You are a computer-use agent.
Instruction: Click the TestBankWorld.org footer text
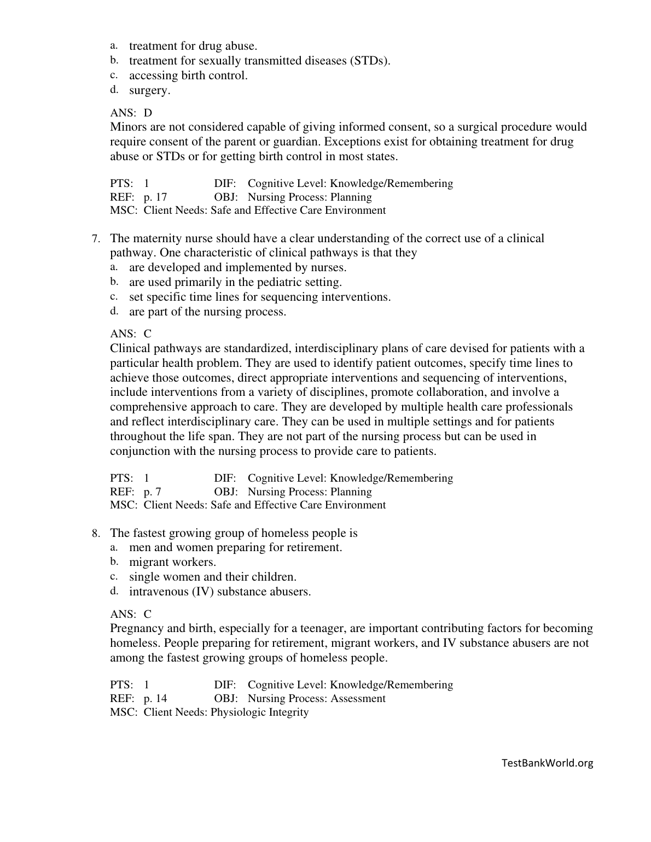pyautogui.click(x=547, y=763)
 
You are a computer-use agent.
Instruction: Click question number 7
pyautogui.click(x=95, y=239)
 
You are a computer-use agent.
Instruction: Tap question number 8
pyautogui.click(x=95, y=533)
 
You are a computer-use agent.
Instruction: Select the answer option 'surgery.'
pyautogui.click(x=149, y=90)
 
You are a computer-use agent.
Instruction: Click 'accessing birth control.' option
pyautogui.click(x=188, y=75)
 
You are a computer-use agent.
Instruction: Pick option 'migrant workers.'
pyautogui.click(x=172, y=562)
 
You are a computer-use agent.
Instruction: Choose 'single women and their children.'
pyautogui.click(x=212, y=577)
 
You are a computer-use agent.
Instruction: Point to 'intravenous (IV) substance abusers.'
pyautogui.click(x=220, y=592)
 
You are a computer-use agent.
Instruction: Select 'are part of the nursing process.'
pyautogui.click(x=207, y=312)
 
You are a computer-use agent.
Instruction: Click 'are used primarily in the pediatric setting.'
pyautogui.click(x=235, y=282)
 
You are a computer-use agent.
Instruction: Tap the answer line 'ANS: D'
pyautogui.click(x=131, y=113)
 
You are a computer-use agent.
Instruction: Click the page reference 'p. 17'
pyautogui.click(x=155, y=197)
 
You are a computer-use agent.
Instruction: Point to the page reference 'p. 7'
pyautogui.click(x=153, y=492)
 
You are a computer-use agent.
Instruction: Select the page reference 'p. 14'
pyautogui.click(x=155, y=698)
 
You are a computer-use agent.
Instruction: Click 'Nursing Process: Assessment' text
pyautogui.click(x=316, y=698)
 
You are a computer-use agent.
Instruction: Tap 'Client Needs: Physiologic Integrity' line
pyautogui.click(x=226, y=712)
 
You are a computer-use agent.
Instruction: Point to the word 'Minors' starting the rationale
pyautogui.click(x=127, y=127)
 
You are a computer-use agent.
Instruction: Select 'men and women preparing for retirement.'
pyautogui.click(x=235, y=547)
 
